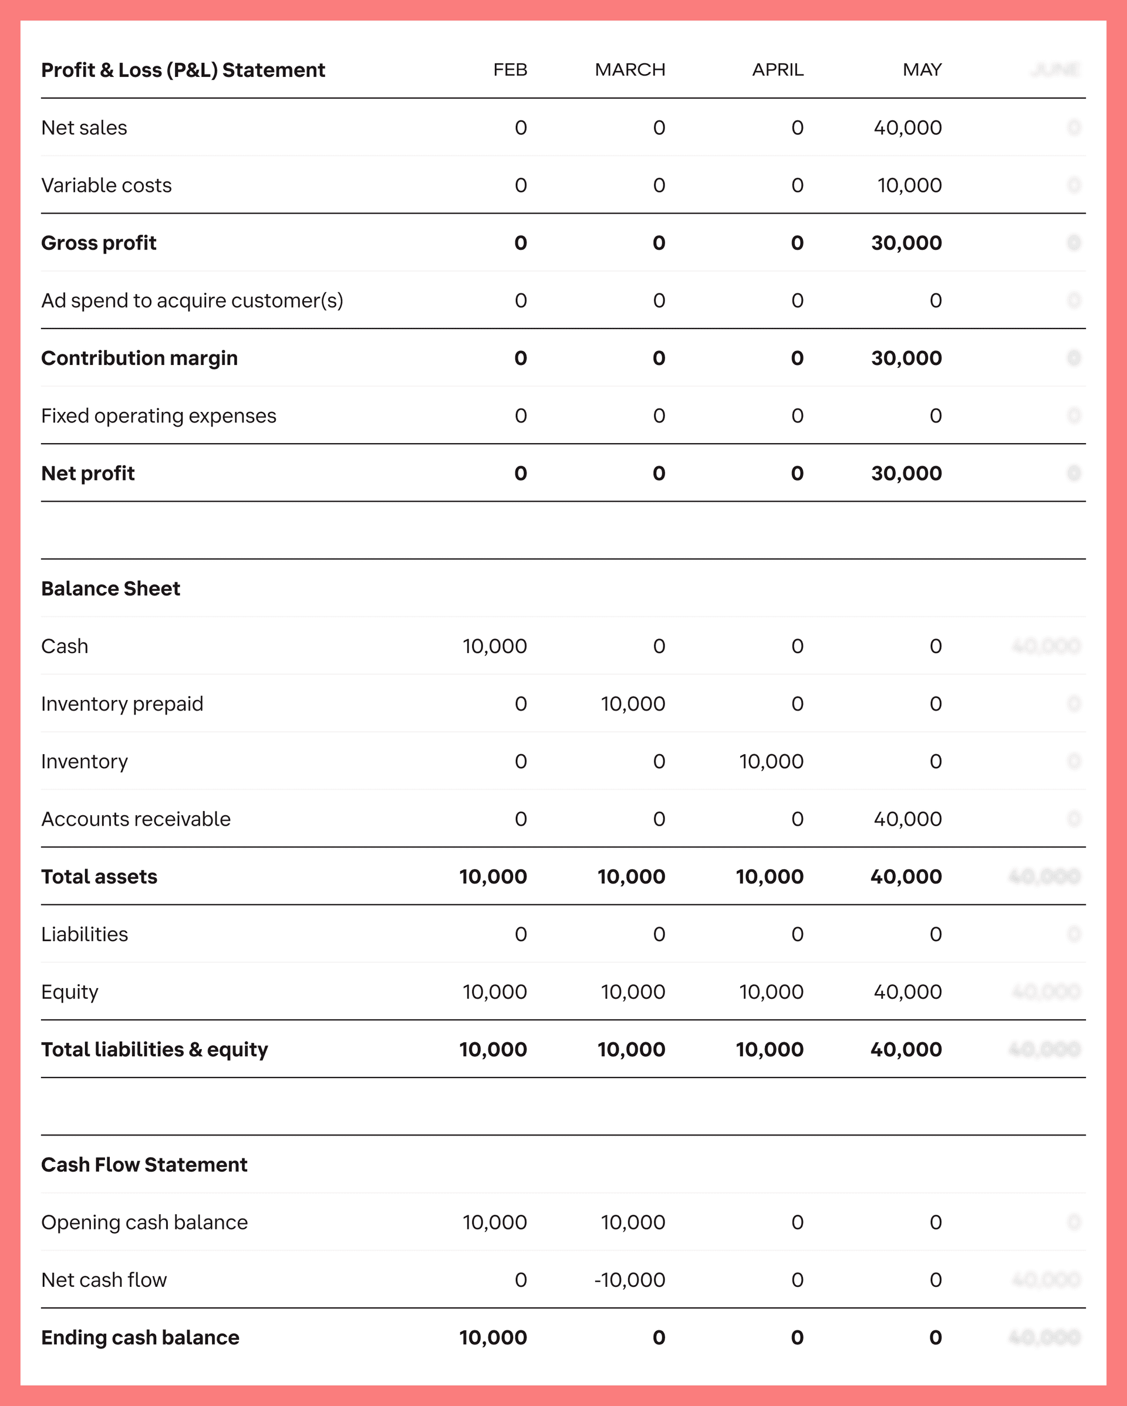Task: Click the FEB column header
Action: pos(510,70)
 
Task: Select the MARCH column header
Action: pos(629,70)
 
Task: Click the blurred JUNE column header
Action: pos(1055,70)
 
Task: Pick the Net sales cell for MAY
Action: pos(907,128)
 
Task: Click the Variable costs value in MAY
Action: pos(909,185)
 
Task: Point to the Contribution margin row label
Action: pos(139,358)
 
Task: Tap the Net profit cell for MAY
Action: pos(906,474)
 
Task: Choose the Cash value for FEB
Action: pos(494,646)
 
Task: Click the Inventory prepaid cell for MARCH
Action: pos(633,704)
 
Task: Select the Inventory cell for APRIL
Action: pos(771,762)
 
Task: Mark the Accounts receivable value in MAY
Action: pos(907,819)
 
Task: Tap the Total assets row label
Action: pos(99,877)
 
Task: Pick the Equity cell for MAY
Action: pos(907,992)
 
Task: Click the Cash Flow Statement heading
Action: pos(144,1165)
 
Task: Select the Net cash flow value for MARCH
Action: pos(629,1279)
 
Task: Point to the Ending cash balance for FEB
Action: pos(492,1337)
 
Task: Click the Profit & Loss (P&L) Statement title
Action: pos(183,70)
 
